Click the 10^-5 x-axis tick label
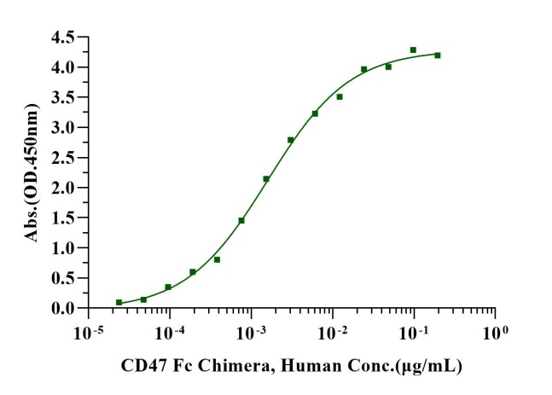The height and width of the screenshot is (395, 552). tap(88, 329)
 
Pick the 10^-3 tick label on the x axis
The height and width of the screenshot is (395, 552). tap(251, 329)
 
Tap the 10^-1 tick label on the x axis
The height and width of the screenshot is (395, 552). tap(414, 329)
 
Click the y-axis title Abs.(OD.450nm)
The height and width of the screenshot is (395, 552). tap(32, 171)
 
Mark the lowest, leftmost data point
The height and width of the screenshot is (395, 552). tap(119, 302)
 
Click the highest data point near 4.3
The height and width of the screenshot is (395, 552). tap(413, 50)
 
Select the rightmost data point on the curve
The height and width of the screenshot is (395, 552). tap(438, 55)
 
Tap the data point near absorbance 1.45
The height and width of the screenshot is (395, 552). tap(241, 220)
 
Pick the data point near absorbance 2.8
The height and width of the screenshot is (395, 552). tap(291, 140)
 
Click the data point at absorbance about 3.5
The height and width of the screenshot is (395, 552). tap(340, 96)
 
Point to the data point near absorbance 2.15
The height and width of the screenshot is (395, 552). tap(266, 178)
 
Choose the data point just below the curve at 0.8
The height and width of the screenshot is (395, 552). tap(218, 259)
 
